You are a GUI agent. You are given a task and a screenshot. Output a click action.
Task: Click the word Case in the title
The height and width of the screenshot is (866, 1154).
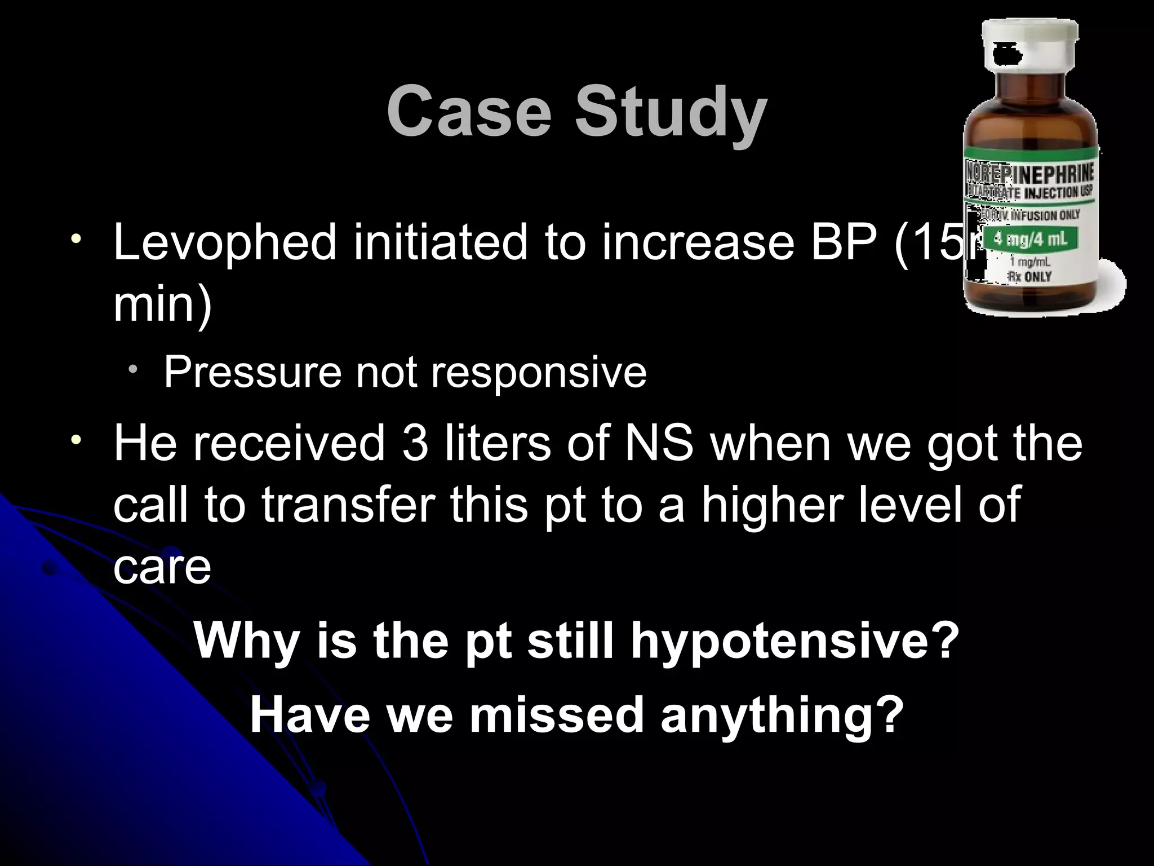coord(468,111)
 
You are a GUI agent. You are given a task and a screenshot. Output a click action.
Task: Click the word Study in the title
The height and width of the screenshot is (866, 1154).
coord(671,113)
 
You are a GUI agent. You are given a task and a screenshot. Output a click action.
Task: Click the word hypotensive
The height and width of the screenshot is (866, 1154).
coord(795,643)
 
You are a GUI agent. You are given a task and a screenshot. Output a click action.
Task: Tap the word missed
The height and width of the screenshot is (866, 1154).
coord(557,715)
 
